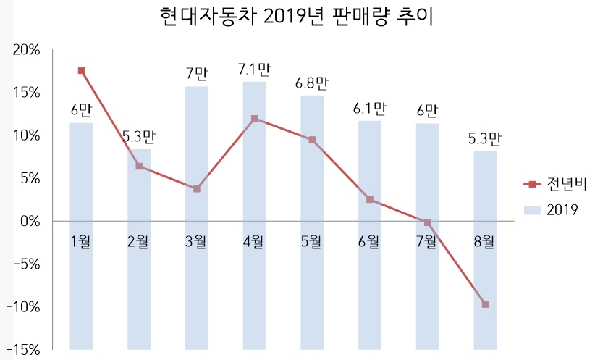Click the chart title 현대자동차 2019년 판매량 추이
pyautogui.click(x=296, y=17)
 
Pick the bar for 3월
pyautogui.click(x=197, y=217)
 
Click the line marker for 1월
pyautogui.click(x=81, y=71)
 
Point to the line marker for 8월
pyautogui.click(x=485, y=304)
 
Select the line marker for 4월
pyautogui.click(x=254, y=119)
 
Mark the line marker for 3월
pyautogui.click(x=197, y=189)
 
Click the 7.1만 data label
pyautogui.click(x=254, y=70)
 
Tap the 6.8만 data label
pyautogui.click(x=312, y=83)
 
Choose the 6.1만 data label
pyautogui.click(x=370, y=109)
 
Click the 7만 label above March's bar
pyautogui.click(x=197, y=74)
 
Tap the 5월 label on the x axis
pyautogui.click(x=312, y=241)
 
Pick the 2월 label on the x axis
pyautogui.click(x=139, y=241)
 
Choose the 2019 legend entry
pyautogui.click(x=554, y=210)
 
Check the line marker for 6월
pyautogui.click(x=370, y=199)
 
